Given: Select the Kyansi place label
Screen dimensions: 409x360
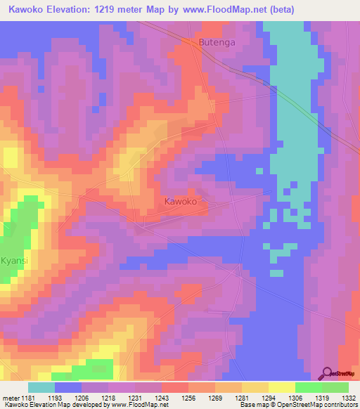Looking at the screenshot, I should tap(14, 260).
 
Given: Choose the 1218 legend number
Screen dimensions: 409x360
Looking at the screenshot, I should tap(108, 397).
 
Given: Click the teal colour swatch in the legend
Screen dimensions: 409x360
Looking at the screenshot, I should tap(41, 387).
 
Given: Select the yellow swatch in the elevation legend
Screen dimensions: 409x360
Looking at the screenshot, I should tap(281, 387).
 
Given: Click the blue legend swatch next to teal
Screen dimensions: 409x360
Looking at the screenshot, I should tap(67, 387).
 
